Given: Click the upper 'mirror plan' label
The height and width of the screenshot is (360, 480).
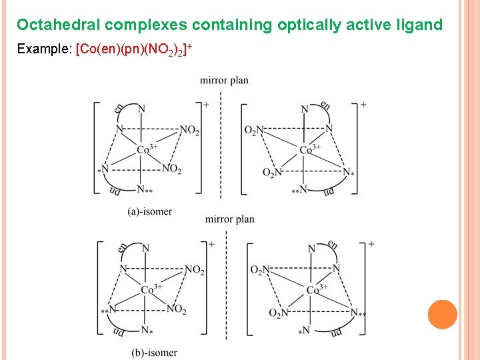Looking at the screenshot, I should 224,81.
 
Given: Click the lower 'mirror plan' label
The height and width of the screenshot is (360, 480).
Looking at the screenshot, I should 229,219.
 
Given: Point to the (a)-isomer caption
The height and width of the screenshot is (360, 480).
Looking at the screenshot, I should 150,211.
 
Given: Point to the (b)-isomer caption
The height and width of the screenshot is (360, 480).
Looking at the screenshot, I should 155,352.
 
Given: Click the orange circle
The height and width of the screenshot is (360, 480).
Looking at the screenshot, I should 442,315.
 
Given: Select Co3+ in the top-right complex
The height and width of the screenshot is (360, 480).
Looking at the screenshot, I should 310,149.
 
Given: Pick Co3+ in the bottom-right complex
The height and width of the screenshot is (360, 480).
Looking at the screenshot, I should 317,289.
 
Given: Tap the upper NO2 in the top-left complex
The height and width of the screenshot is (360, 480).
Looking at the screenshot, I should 189,131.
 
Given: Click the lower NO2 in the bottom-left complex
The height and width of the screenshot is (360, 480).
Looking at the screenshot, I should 176,309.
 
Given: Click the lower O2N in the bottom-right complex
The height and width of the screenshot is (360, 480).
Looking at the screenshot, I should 279,313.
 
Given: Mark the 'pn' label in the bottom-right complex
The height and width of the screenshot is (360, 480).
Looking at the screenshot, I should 337,331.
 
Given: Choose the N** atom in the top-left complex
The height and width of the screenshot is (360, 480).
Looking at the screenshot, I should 145,191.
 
